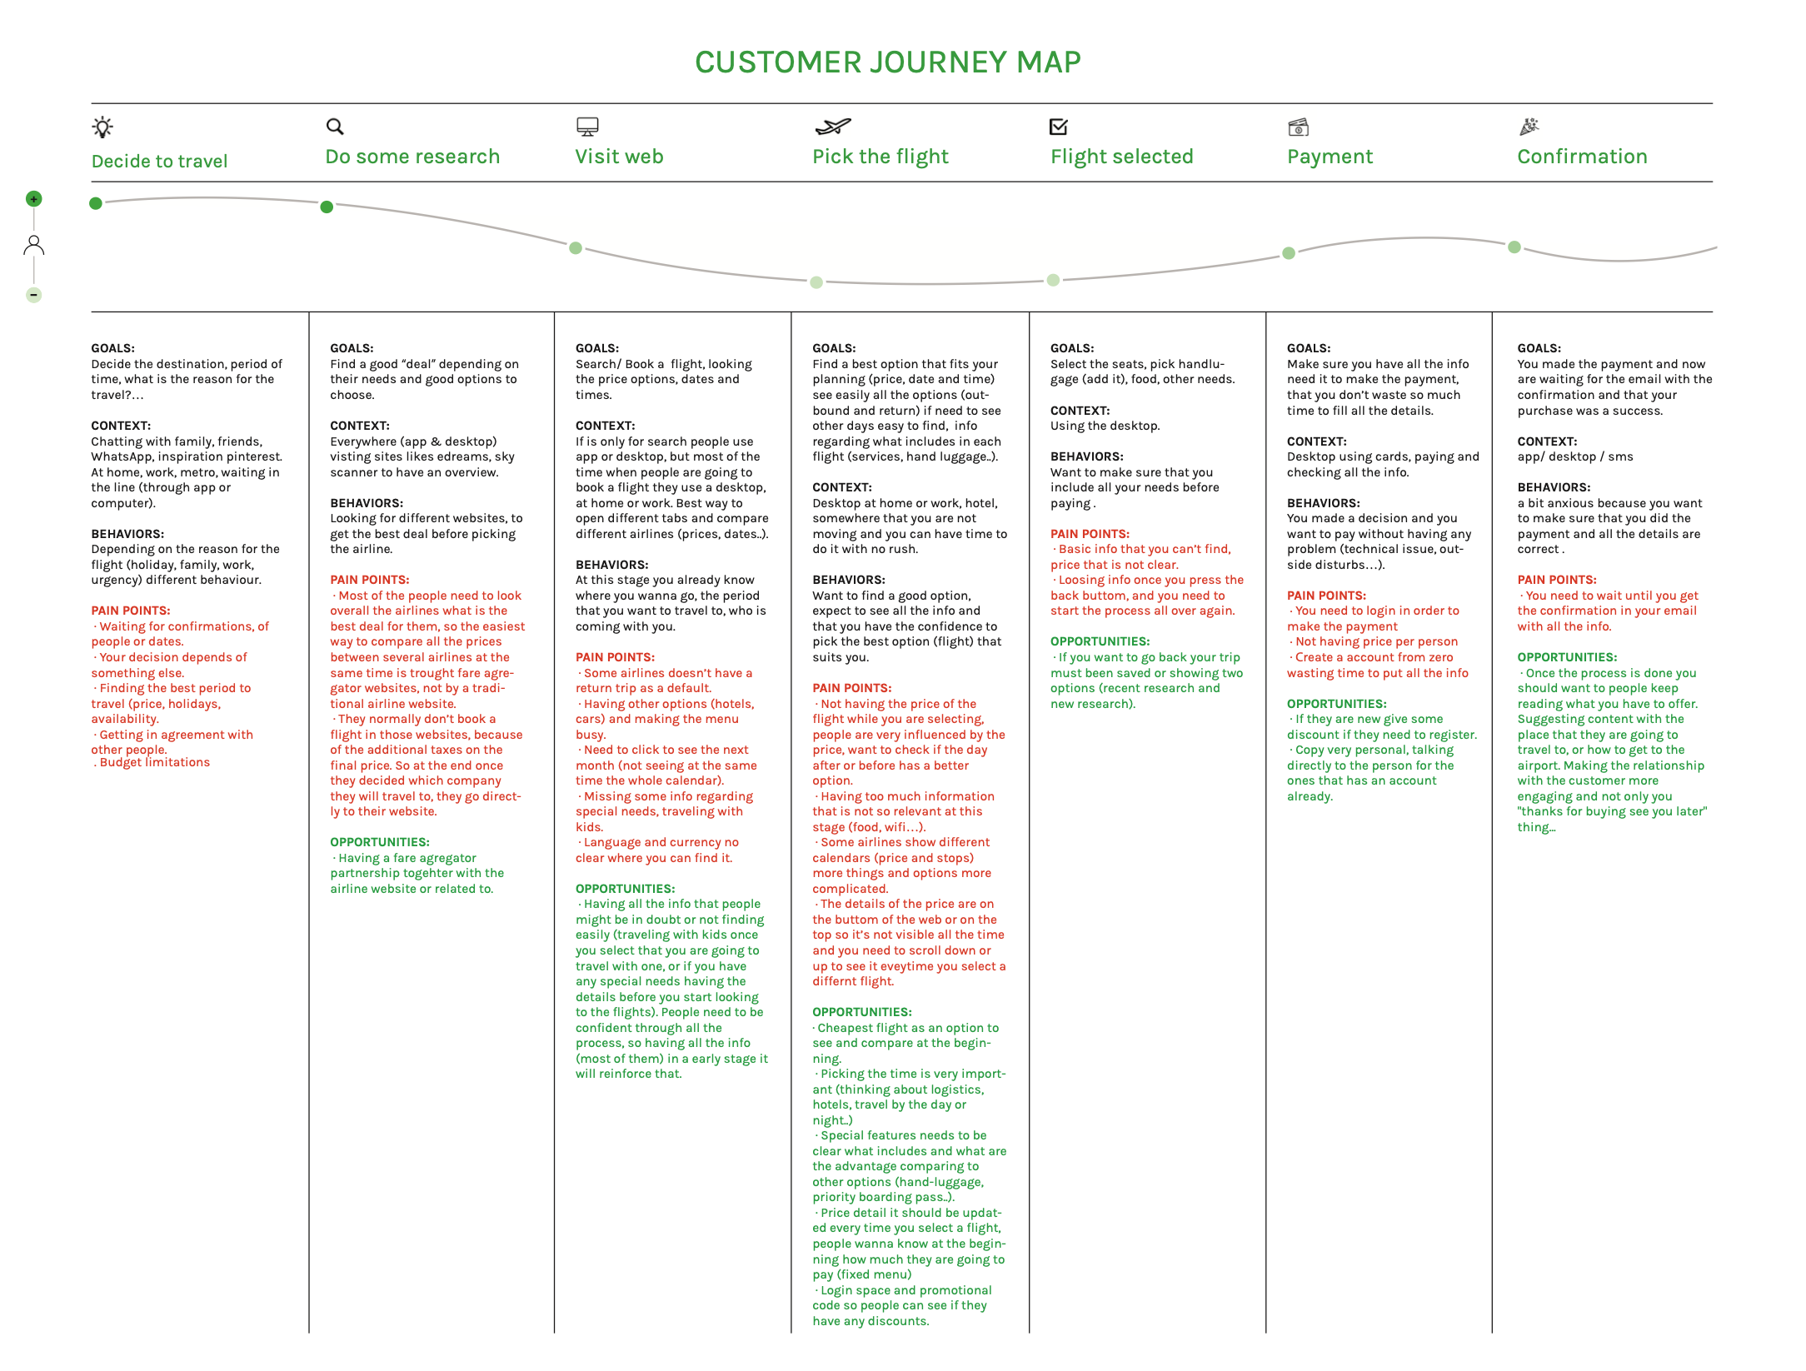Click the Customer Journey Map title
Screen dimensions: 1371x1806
(887, 62)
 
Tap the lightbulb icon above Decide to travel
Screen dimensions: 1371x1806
(102, 127)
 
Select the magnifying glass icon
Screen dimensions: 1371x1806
(335, 127)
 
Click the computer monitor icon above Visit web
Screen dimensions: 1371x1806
(587, 127)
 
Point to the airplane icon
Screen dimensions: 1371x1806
(832, 127)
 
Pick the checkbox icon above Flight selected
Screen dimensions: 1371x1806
(1059, 127)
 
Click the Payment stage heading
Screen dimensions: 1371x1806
(1330, 157)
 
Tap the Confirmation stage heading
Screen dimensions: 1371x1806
(1582, 157)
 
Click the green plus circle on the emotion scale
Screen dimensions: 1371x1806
(34, 199)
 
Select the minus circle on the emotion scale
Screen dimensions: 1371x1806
(34, 295)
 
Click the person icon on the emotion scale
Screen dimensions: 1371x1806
(34, 245)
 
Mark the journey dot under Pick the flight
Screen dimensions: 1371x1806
(816, 282)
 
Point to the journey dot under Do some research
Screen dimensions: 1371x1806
(327, 207)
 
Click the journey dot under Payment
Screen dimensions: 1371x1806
(1289, 253)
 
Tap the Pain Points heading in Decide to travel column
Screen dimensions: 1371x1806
(131, 611)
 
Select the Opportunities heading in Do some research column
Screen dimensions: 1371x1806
(379, 842)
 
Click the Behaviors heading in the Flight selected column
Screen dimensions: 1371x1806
(1086, 456)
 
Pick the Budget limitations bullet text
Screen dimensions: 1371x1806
(154, 763)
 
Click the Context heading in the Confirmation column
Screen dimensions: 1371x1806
(1547, 441)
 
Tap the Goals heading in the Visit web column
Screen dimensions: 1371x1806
(597, 348)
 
